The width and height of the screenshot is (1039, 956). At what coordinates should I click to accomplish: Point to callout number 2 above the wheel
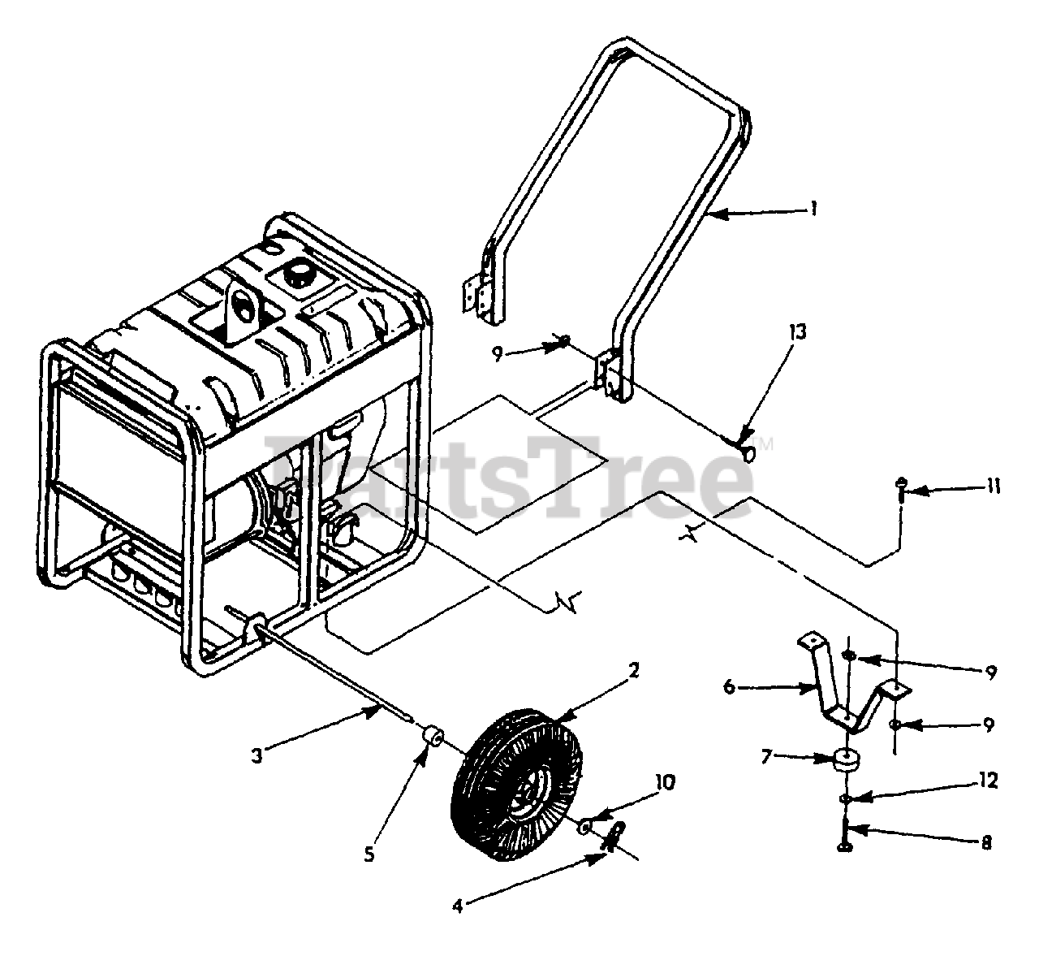pyautogui.click(x=634, y=671)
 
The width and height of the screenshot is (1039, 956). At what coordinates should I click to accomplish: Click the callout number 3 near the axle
pyautogui.click(x=257, y=755)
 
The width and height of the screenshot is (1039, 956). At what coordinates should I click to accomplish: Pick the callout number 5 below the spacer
pyautogui.click(x=370, y=856)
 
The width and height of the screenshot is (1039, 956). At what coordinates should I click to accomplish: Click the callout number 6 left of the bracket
pyautogui.click(x=728, y=687)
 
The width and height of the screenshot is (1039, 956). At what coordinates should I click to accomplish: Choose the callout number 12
pyautogui.click(x=988, y=781)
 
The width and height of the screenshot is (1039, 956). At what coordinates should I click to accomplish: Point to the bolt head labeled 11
pyautogui.click(x=901, y=483)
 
